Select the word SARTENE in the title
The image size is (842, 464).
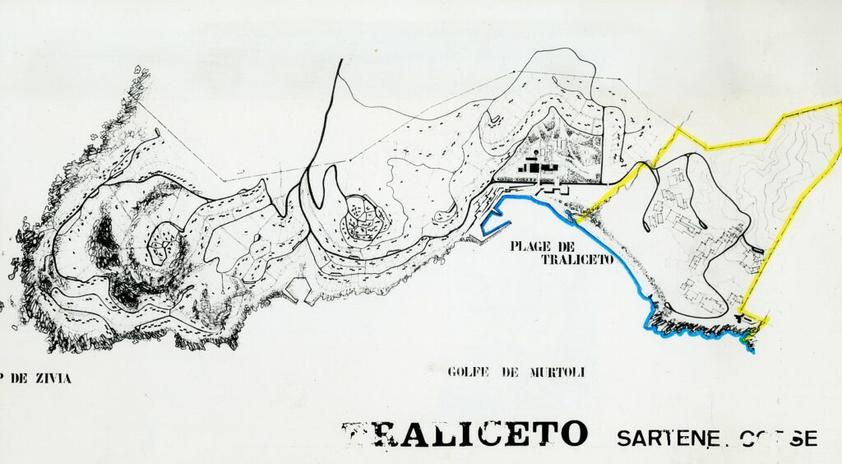[x=657, y=437]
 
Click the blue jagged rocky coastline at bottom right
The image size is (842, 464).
[x=699, y=330]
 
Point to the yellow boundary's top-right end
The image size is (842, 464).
[x=838, y=102]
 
